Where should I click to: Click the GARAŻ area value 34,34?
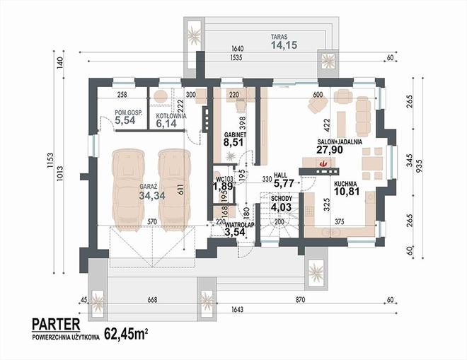[x=152, y=195]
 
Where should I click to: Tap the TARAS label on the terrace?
[x=279, y=37]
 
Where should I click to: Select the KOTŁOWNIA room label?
[x=171, y=116]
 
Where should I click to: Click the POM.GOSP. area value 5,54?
[x=125, y=120]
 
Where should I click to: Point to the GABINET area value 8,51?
[x=233, y=141]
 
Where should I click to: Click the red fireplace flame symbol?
[x=323, y=163]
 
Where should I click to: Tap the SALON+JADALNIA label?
[x=340, y=141]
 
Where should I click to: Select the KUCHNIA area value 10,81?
[x=347, y=191]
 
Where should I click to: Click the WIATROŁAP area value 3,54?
[x=235, y=232]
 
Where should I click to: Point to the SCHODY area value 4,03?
[x=281, y=207]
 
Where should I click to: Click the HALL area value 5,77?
[x=284, y=183]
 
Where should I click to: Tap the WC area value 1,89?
[x=222, y=187]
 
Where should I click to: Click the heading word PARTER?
[x=56, y=324]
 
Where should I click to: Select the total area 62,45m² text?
[x=126, y=335]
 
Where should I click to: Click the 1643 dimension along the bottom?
[x=237, y=310]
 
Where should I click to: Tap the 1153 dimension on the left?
[x=50, y=161]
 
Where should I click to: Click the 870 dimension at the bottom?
[x=300, y=300]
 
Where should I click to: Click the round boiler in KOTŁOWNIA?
[x=161, y=96]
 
